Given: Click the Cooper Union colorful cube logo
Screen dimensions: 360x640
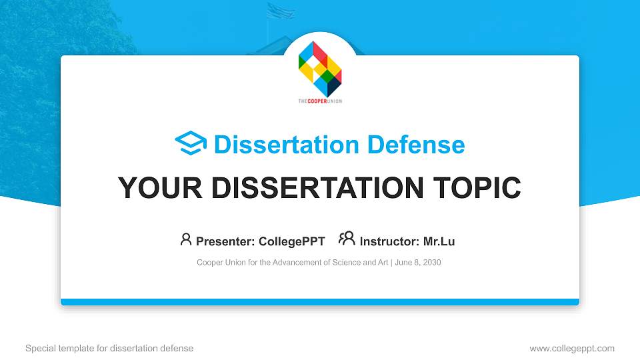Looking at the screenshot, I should coord(320,69).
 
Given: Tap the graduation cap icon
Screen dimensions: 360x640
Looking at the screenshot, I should coord(191,144).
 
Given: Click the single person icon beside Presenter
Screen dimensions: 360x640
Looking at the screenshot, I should coord(186,239).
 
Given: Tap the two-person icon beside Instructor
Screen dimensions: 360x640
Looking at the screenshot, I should coord(347,239).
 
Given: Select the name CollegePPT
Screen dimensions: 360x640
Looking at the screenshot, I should coord(292,241).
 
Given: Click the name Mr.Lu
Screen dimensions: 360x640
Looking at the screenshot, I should coord(439,241).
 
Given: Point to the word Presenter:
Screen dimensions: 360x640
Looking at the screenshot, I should coord(224,241).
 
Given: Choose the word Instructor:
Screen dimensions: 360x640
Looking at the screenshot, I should coord(389,241).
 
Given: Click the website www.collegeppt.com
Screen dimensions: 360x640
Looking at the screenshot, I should coord(571,348).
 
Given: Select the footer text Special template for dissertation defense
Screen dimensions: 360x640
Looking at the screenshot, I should coord(109,348).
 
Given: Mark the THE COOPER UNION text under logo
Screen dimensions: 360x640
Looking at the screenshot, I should coord(320,101).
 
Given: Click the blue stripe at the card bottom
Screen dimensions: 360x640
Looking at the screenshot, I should coord(320,302).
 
